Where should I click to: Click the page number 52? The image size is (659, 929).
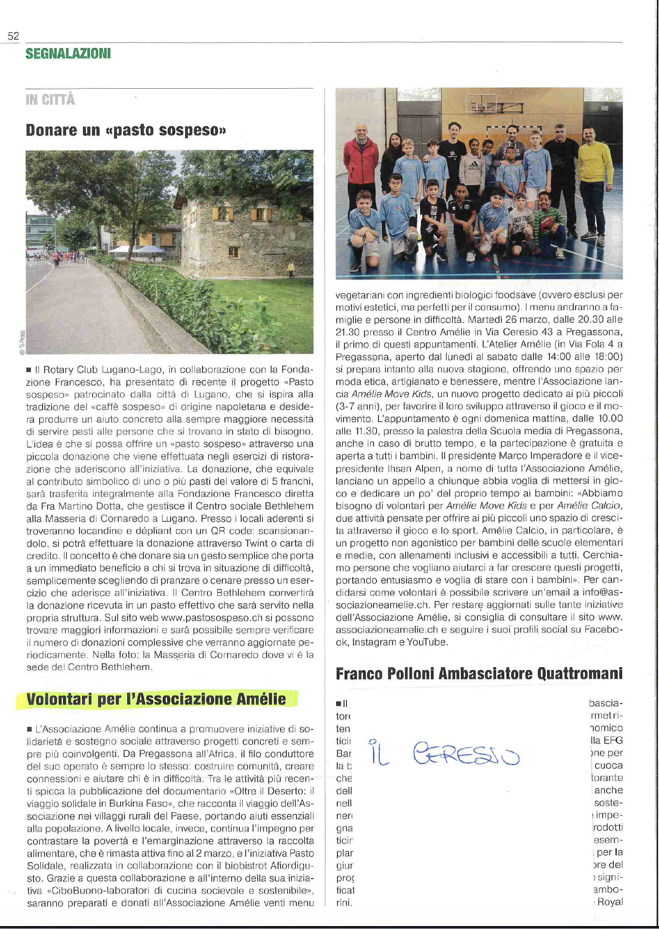click(13, 36)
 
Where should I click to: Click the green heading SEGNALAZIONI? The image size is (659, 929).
click(68, 53)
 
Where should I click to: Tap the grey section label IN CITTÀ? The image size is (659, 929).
click(50, 100)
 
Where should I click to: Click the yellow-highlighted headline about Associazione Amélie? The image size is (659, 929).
click(156, 699)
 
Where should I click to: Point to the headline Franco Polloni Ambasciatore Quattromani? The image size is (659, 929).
click(479, 673)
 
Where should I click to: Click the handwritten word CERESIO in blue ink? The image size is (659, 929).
click(466, 754)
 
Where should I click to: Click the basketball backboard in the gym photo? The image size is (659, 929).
click(481, 103)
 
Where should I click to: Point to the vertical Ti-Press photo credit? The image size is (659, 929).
click(22, 343)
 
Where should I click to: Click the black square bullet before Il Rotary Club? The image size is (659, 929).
click(30, 370)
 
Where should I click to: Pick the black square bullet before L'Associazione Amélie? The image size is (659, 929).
click(30, 729)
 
